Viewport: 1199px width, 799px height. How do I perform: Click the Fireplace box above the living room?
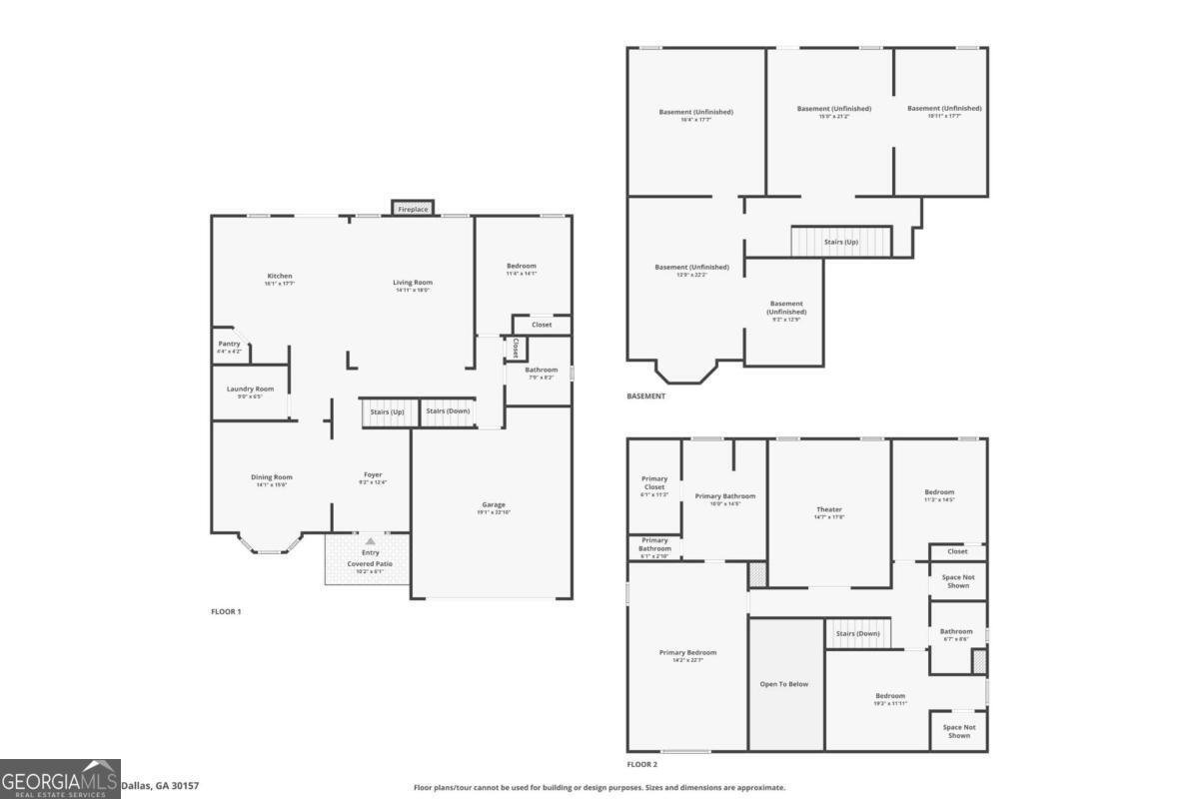coord(413,209)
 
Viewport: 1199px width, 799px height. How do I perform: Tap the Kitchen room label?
coord(280,277)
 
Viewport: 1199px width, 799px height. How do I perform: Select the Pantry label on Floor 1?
coord(230,344)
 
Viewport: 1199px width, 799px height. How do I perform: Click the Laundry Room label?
coord(250,389)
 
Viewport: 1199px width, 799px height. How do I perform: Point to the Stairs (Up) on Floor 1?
coord(386,411)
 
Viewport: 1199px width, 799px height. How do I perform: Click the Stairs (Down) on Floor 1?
coord(447,411)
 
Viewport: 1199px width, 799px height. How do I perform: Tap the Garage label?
coord(494,504)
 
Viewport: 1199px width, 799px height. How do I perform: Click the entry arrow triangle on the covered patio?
coord(370,540)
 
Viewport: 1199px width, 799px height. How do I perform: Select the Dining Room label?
coord(272,476)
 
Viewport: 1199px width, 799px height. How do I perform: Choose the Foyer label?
coord(372,474)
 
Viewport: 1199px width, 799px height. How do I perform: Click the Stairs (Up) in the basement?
coord(840,242)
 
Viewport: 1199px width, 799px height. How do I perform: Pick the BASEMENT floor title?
coord(646,397)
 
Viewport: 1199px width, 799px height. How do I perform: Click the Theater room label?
coord(829,509)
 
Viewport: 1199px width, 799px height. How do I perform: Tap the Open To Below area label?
coord(784,684)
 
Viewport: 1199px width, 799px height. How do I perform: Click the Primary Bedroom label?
coord(687,652)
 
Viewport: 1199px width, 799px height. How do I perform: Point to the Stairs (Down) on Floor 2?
coord(857,633)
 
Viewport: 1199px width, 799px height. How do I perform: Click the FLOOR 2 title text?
coord(642,764)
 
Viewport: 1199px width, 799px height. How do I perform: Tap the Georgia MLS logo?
coord(60,779)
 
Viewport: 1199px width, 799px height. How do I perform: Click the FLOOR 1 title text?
coord(226,611)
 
